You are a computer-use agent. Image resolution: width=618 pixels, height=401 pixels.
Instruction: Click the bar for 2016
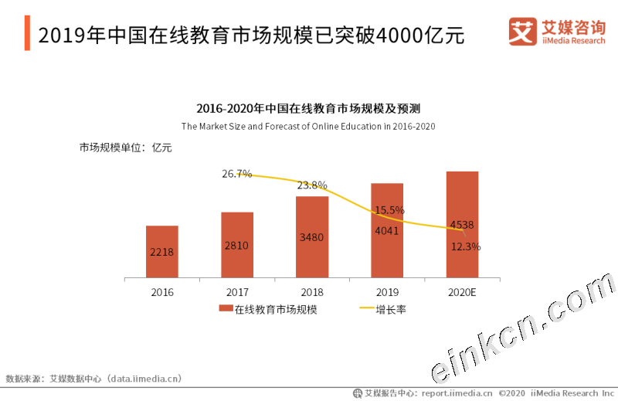click(162, 251)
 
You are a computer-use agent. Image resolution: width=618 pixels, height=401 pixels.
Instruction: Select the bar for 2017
click(237, 244)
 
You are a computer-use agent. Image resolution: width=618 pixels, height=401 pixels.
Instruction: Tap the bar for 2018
click(312, 236)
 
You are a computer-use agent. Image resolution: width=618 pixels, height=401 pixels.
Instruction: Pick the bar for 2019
click(387, 230)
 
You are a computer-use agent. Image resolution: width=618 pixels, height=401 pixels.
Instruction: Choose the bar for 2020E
click(462, 224)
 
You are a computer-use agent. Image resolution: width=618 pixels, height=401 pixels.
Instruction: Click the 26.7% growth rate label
click(237, 174)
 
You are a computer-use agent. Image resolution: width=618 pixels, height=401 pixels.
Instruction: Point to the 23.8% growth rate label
click(312, 185)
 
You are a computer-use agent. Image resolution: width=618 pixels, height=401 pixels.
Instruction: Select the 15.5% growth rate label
click(389, 210)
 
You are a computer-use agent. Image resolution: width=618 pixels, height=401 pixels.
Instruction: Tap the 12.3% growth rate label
click(466, 247)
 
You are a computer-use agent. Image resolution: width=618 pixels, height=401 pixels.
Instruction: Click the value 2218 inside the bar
click(162, 252)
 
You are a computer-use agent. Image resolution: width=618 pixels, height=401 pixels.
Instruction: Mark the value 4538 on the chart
click(462, 226)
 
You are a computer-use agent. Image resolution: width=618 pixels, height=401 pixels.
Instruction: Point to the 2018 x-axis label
click(312, 293)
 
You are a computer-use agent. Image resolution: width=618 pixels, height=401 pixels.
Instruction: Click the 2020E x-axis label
click(462, 293)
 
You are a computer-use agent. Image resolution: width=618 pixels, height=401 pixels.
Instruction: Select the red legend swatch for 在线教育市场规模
click(226, 309)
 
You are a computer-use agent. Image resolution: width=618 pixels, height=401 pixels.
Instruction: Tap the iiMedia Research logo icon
click(523, 32)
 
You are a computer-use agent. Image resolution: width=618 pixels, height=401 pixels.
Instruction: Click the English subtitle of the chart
click(308, 126)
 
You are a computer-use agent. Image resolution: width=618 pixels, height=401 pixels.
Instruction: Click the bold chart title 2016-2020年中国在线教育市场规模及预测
click(308, 108)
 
